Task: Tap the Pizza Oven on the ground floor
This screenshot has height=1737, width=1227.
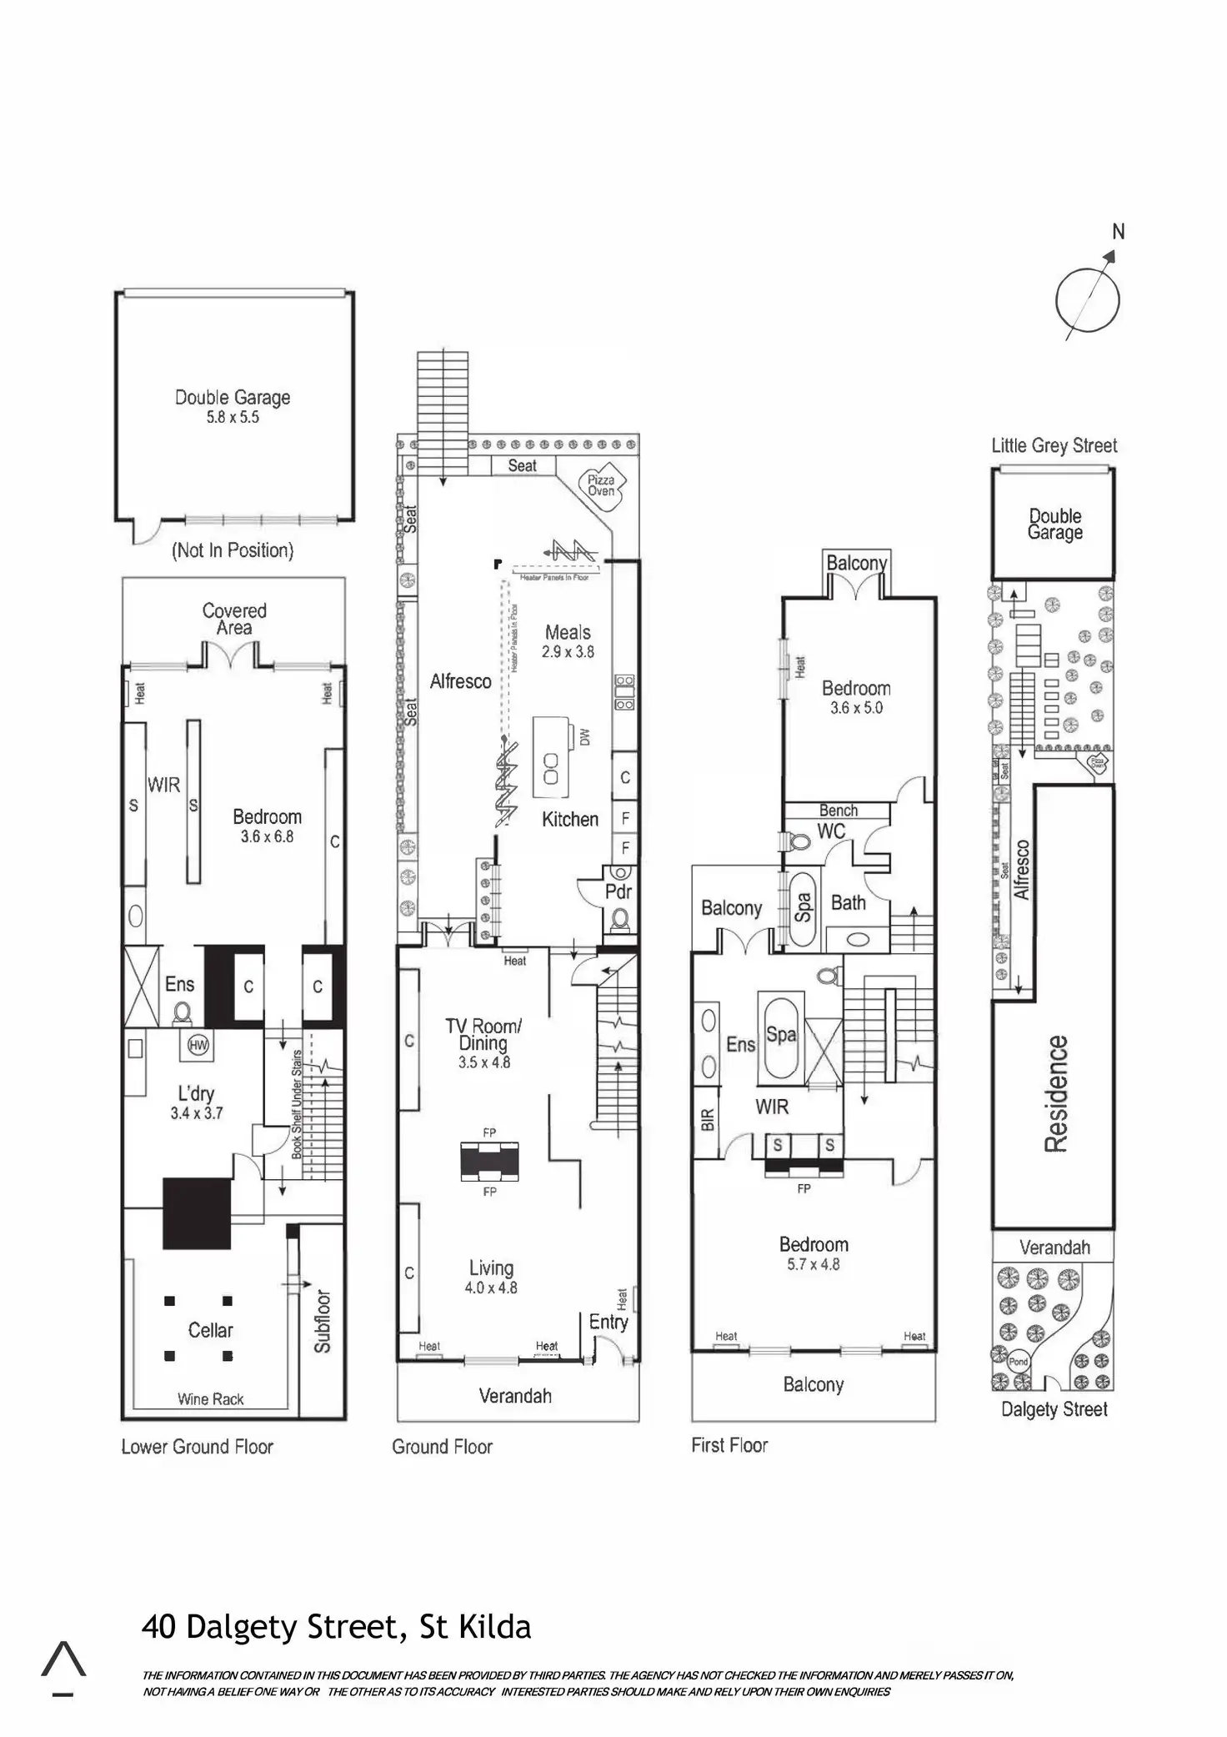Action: point(601,485)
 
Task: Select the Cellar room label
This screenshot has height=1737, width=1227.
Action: point(210,1330)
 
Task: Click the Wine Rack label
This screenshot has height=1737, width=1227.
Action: point(210,1399)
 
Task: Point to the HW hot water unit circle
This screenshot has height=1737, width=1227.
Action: point(198,1046)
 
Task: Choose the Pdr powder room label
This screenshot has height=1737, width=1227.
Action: point(618,891)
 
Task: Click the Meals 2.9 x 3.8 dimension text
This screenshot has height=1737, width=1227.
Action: point(568,652)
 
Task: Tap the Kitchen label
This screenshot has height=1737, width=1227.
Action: point(570,819)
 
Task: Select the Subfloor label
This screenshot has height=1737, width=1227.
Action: point(323,1321)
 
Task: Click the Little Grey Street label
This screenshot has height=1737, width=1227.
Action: point(1054,445)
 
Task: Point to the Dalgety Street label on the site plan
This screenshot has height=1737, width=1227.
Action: point(1054,1409)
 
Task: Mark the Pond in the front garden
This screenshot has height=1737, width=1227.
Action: point(1018,1362)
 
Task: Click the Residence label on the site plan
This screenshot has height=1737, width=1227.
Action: point(1056,1093)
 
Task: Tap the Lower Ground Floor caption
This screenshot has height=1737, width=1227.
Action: point(198,1447)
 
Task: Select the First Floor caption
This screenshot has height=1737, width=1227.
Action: point(729,1445)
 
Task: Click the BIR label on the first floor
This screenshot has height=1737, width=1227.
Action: point(708,1118)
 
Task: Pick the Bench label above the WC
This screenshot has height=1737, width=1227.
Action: point(838,811)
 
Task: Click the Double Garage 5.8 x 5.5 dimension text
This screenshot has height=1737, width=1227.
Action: point(233,418)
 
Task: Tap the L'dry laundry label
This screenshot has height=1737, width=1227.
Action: point(196,1093)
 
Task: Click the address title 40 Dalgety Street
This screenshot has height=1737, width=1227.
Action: point(336,1627)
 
